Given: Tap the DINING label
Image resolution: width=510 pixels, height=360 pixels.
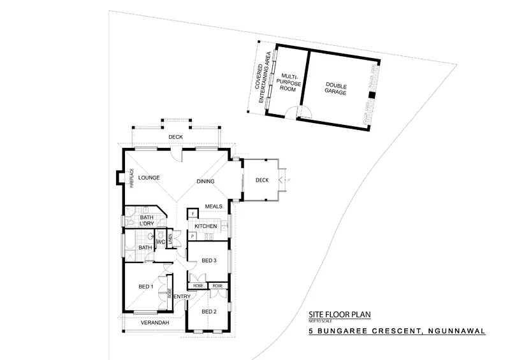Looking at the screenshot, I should click(205, 182).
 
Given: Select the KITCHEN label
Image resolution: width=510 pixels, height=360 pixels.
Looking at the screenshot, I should click(206, 226).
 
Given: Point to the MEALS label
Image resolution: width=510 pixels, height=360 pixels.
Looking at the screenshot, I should click(213, 206).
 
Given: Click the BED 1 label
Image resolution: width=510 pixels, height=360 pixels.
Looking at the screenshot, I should click(146, 287).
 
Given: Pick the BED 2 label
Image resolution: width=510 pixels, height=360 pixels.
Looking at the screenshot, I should click(210, 311).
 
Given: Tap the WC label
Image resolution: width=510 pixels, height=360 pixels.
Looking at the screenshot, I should click(161, 242).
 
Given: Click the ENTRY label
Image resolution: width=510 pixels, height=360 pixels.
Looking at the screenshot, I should click(182, 297).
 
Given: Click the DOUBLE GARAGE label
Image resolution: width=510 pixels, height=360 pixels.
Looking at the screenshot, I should click(335, 89).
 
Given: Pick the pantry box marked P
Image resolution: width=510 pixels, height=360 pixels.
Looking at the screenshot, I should click(192, 236).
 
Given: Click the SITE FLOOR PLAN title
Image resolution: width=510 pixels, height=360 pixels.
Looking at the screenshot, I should click(339, 315).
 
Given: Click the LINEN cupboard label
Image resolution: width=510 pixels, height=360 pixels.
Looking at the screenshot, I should click(170, 238).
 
